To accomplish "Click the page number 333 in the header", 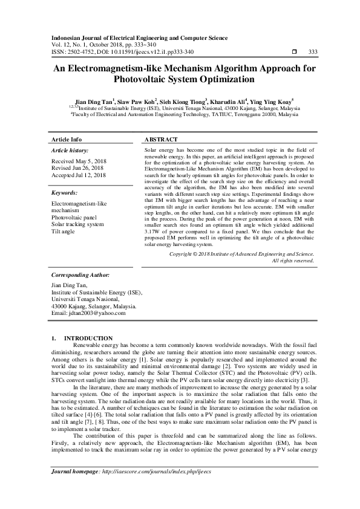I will coord(313,51).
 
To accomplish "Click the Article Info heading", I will coord(67,139).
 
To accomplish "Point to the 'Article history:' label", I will coord(70,149).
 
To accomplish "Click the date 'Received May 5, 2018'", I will coord(78,161).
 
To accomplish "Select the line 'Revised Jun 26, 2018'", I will coord(77,167).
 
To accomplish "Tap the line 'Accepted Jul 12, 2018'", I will coord(79,175).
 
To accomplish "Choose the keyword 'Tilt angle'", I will coord(64,232).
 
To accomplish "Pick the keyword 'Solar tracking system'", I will coord(77,224).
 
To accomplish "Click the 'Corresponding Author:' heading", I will coord(80,274).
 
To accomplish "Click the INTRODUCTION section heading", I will coord(88,338).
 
